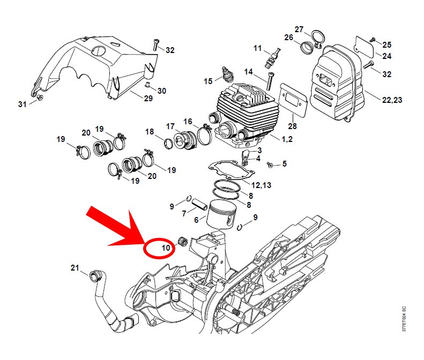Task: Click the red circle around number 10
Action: pyautogui.click(x=159, y=248)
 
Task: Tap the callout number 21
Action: pyautogui.click(x=75, y=267)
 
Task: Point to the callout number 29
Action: pyautogui.click(x=148, y=98)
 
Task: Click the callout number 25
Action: pyautogui.click(x=387, y=44)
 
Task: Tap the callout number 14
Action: pyautogui.click(x=248, y=72)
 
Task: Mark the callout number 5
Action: pyautogui.click(x=284, y=163)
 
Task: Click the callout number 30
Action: pyautogui.click(x=161, y=91)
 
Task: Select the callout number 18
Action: pyautogui.click(x=150, y=132)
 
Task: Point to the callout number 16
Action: pyautogui.click(x=188, y=122)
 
